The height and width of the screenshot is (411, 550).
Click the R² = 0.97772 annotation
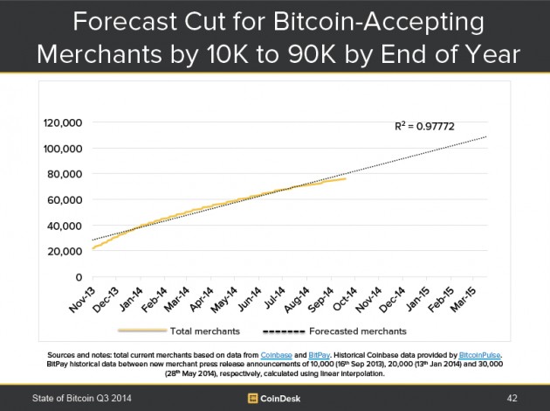click(426, 128)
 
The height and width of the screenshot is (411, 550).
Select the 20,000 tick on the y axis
click(65, 252)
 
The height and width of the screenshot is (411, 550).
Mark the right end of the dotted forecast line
click(485, 137)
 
